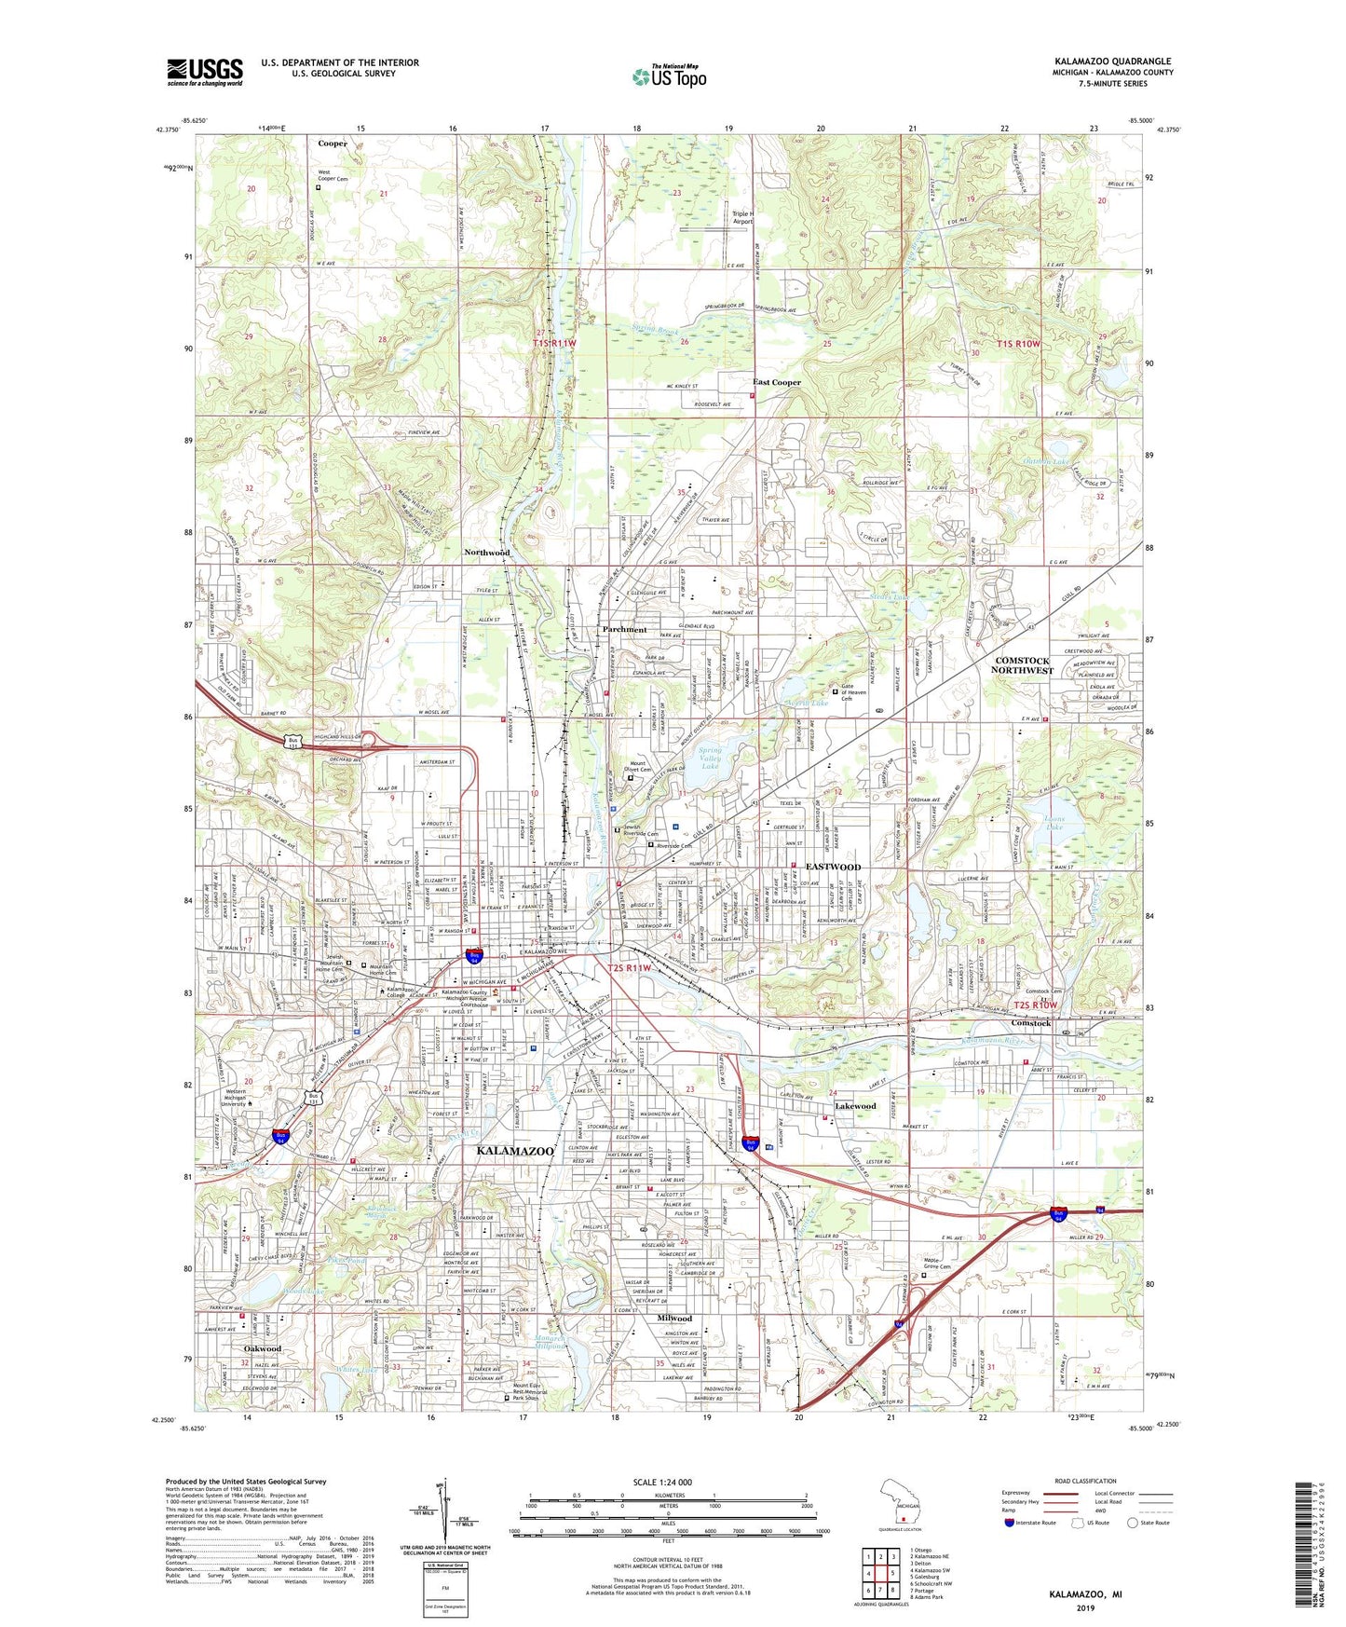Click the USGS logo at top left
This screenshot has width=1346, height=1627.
tap(204, 71)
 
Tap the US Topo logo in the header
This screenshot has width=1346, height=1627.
tap(669, 76)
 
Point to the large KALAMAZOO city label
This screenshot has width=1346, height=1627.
tap(515, 1151)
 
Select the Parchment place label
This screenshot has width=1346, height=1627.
tap(624, 630)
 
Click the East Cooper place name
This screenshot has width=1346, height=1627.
tap(777, 382)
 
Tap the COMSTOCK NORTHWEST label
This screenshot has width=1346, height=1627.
tap(1022, 665)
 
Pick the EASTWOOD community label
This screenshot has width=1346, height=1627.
tap(833, 868)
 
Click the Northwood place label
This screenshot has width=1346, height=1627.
tap(487, 553)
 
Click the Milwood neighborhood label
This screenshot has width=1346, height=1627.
tap(675, 1319)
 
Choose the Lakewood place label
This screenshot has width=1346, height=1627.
tap(855, 1106)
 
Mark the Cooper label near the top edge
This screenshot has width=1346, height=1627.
tap(333, 144)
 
